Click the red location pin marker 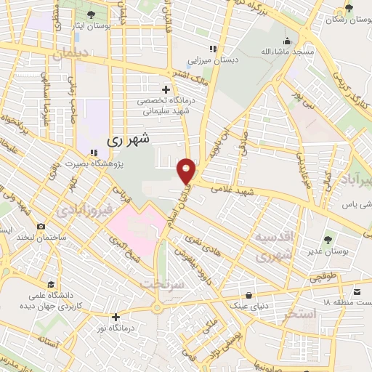click(187, 171)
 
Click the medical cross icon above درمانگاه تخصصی click(166, 89)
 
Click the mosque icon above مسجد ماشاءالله click(288, 41)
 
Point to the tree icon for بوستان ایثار click(90, 15)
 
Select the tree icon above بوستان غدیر click(328, 239)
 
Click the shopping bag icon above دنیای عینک click(251, 296)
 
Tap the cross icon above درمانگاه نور click(116, 316)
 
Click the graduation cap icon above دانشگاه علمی click(50, 284)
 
